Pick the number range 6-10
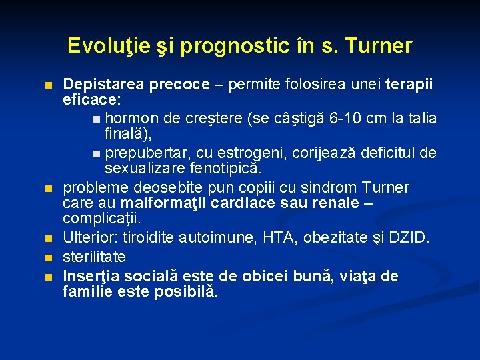(347, 119)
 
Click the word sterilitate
(95, 257)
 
